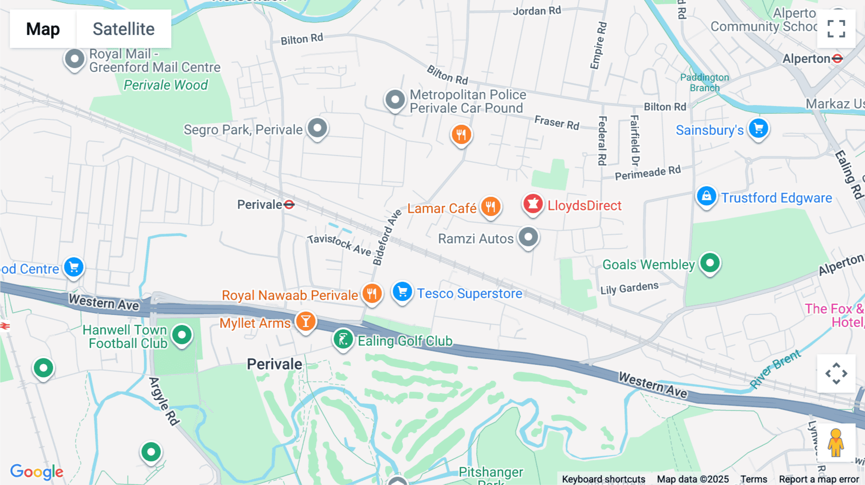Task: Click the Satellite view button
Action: pos(124,29)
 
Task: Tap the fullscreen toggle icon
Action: pos(836,29)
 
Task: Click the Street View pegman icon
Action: pos(836,442)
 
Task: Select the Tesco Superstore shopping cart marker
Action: pos(402,292)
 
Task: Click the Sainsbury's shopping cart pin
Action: pos(758,129)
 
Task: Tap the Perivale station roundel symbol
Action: pos(289,205)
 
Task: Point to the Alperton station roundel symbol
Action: pos(838,59)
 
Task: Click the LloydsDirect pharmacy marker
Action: pos(532,205)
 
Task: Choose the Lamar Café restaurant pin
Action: pos(490,207)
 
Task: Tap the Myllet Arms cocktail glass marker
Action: pos(306,322)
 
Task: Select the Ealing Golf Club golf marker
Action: pos(343,339)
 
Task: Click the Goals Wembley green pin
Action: pos(710,263)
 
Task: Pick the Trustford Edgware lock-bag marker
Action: pos(706,196)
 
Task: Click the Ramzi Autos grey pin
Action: pos(529,237)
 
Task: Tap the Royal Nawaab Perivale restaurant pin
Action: pos(372,293)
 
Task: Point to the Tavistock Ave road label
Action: pos(339,244)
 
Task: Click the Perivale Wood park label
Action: pos(166,85)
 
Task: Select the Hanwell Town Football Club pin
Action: pos(182,335)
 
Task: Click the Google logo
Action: pos(37,472)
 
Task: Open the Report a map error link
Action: pos(819,479)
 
